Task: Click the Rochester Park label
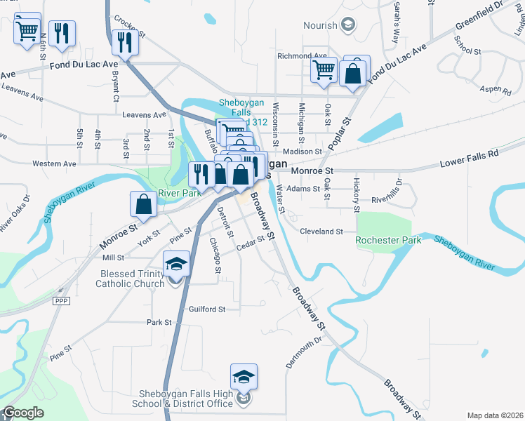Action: click(x=388, y=240)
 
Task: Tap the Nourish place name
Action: click(x=320, y=25)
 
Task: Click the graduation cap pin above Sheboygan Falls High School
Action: click(x=244, y=377)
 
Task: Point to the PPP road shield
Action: click(x=62, y=300)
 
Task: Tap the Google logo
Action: click(x=23, y=413)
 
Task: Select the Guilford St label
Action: click(x=206, y=309)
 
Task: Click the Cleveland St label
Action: click(x=321, y=231)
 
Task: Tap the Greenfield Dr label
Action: click(x=479, y=18)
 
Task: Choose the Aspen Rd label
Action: click(x=497, y=91)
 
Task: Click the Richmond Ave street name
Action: click(x=302, y=55)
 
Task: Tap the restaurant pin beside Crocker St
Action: click(x=126, y=44)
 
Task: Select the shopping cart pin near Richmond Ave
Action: click(x=323, y=70)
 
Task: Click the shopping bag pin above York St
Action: click(x=144, y=205)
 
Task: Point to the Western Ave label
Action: click(x=54, y=163)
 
